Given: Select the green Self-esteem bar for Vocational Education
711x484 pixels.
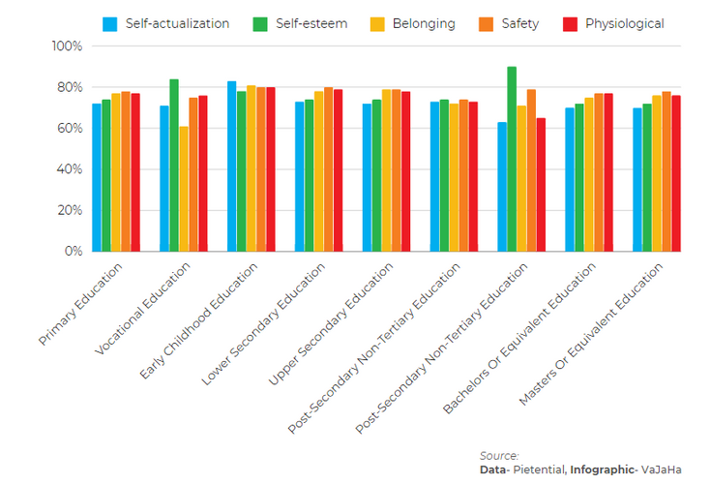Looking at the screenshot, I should point(174,165).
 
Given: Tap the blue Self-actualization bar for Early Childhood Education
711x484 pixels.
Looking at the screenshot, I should point(232,166).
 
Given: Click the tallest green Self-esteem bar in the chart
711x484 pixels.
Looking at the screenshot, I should point(512,159).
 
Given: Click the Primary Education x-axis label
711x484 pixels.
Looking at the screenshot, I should point(82,303).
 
